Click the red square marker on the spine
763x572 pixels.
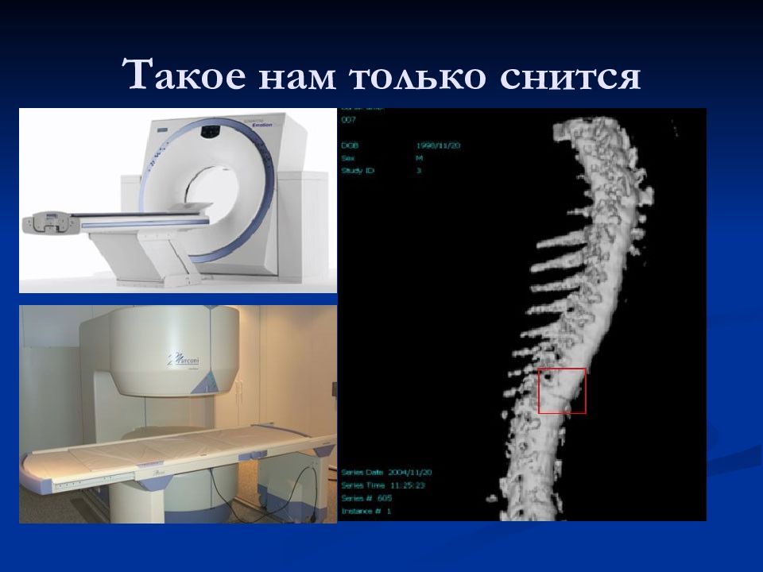(x=562, y=391)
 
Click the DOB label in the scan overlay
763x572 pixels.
(x=350, y=146)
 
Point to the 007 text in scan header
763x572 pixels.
(x=349, y=120)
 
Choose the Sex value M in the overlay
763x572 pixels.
(x=418, y=158)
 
